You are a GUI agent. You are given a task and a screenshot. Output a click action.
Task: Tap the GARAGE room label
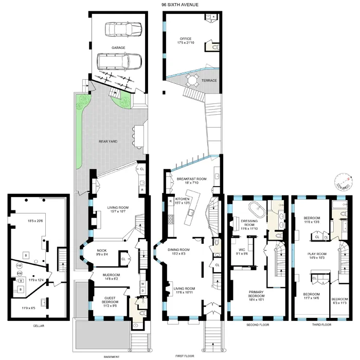tap(119, 47)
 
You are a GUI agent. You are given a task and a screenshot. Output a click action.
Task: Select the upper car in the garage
tap(119, 29)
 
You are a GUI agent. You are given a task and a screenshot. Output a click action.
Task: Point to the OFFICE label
tap(185, 39)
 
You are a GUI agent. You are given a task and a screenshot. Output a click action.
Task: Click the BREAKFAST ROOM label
tap(191, 179)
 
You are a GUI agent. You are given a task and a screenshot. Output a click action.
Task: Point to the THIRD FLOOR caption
tap(313, 325)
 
